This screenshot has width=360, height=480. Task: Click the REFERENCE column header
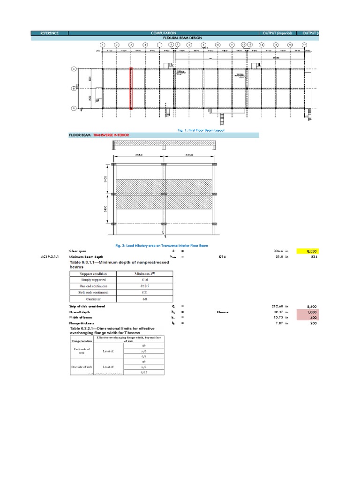(49, 33)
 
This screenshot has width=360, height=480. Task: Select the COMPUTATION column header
(164, 33)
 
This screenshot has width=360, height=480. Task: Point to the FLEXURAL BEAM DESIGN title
(164, 37)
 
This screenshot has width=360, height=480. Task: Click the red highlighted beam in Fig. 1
(131, 89)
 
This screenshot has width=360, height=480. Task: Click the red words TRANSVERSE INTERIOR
(111, 135)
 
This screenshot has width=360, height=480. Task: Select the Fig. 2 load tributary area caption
(162, 245)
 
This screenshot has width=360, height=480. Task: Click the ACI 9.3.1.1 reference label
(50, 257)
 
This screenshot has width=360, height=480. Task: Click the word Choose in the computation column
(222, 312)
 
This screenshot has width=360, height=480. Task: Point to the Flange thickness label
(82, 323)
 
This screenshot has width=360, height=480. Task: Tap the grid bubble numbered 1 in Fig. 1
(102, 45)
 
